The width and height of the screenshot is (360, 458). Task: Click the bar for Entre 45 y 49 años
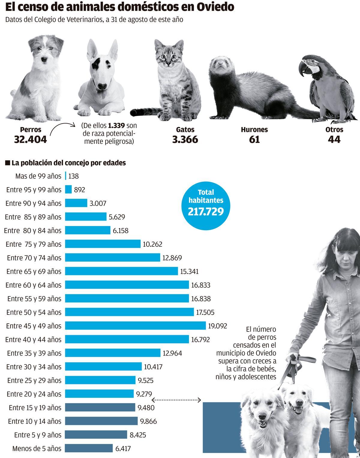[x=135, y=326]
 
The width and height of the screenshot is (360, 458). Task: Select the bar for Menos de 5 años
[x=89, y=448]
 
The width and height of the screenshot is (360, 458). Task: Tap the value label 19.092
[x=217, y=326]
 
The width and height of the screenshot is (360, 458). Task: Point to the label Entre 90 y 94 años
[x=33, y=203]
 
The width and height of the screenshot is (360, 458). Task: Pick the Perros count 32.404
[x=30, y=139]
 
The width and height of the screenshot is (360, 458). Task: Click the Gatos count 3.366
[x=185, y=139]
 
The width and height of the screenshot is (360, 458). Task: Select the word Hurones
[x=254, y=130]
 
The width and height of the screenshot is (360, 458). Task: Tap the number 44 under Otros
[x=334, y=139]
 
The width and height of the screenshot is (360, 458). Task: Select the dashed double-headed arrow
[x=176, y=400]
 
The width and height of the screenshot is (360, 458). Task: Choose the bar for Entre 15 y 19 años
[x=100, y=407]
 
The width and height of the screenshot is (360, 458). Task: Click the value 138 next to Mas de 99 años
[x=73, y=176]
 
